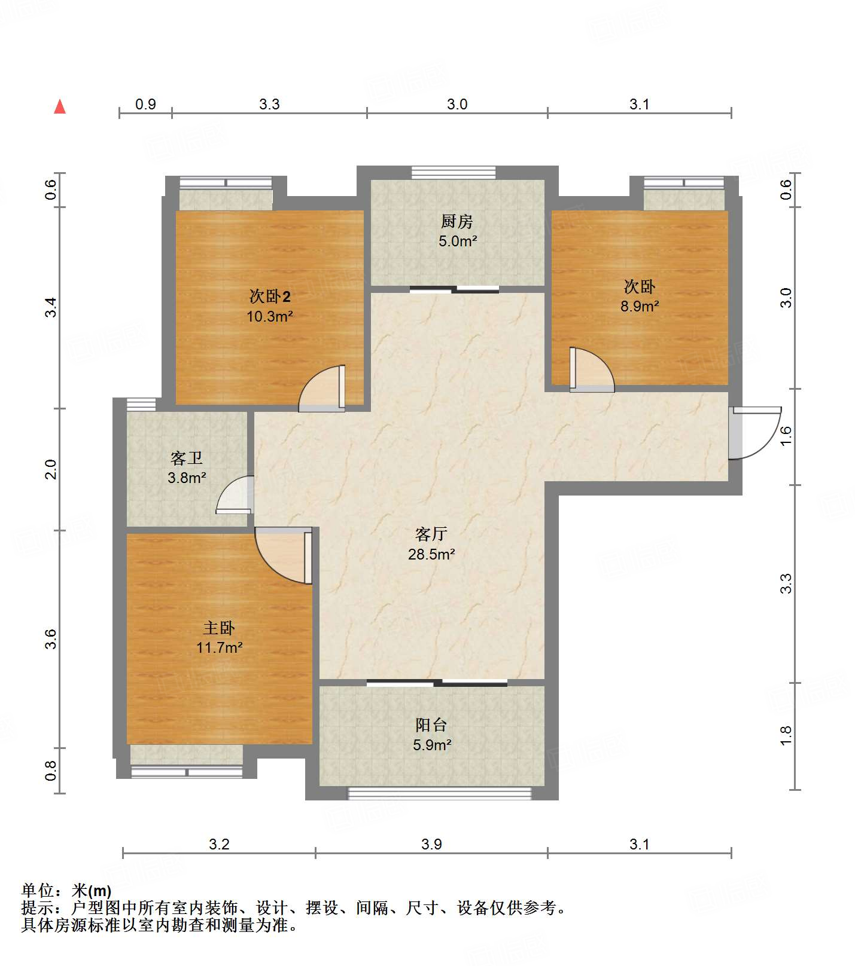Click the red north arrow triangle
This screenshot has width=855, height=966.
(60, 106)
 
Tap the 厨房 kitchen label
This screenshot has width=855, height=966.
(457, 222)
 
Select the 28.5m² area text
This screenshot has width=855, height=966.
(431, 554)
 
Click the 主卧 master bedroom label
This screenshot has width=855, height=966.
(219, 628)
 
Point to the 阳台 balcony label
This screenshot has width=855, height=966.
(431, 725)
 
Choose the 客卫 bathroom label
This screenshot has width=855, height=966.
(187, 458)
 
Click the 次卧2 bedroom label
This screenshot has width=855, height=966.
(270, 296)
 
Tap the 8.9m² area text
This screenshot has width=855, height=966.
(640, 306)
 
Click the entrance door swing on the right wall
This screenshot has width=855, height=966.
(755, 433)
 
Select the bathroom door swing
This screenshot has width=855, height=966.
(235, 494)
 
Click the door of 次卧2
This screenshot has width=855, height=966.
(322, 389)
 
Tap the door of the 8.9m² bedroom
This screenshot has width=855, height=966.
(592, 369)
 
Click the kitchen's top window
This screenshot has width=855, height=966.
(454, 172)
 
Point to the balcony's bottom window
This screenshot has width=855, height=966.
(440, 793)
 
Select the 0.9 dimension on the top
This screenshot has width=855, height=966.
(145, 104)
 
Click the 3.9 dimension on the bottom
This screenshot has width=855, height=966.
(431, 844)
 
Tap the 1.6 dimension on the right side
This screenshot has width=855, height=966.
(786, 435)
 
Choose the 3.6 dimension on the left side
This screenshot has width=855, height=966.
(51, 639)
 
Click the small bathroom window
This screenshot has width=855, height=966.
(141, 404)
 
